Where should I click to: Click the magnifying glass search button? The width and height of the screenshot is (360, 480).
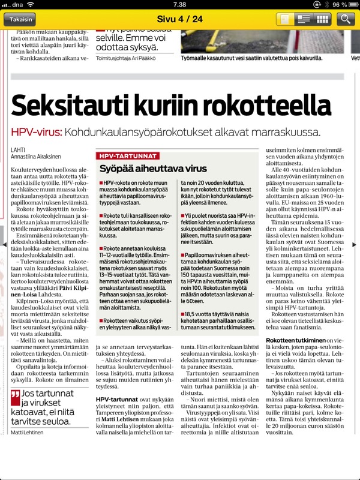click(345, 19)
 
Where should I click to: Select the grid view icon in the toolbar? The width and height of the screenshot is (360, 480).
click(322, 19)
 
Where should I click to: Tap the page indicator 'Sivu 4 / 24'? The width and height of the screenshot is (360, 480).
click(179, 19)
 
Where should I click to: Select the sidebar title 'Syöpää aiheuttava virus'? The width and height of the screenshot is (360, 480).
click(153, 168)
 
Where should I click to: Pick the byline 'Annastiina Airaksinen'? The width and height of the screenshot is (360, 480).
click(38, 158)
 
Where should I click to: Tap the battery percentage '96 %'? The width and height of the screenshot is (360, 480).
click(340, 4)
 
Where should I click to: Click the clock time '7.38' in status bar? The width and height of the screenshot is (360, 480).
click(179, 4)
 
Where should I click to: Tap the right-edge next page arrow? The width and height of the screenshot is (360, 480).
click(355, 244)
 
